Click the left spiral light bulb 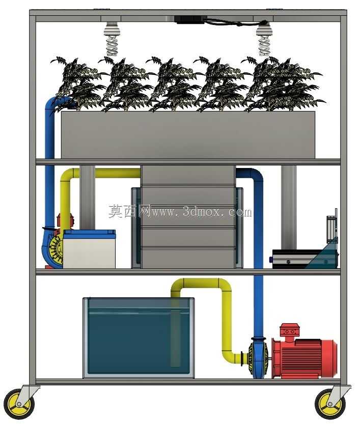(112, 39)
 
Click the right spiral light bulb (264, 39)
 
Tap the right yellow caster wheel (330, 404)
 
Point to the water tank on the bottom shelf (139, 338)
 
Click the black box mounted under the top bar (190, 20)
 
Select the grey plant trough (188, 135)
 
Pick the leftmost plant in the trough (78, 84)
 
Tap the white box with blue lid (89, 249)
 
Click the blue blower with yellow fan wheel (53, 247)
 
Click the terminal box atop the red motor (288, 330)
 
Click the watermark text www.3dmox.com (202, 212)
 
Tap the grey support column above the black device (289, 207)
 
